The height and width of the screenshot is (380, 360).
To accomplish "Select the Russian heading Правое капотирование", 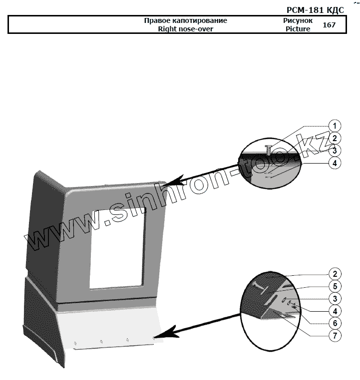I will click(185, 21).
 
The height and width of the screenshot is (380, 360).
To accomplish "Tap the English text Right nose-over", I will click(185, 29).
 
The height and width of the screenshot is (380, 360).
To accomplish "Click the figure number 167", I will click(329, 25).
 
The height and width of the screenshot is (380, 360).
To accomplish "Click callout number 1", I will click(335, 126).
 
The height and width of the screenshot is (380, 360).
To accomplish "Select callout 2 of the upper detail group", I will click(335, 138).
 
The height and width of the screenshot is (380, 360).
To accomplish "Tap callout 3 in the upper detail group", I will click(335, 150).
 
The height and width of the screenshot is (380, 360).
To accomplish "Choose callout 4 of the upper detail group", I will click(335, 163).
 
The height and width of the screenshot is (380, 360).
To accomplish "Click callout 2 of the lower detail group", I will click(335, 273).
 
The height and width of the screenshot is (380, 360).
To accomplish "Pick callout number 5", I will click(335, 286).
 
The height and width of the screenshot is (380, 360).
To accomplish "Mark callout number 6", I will click(335, 323).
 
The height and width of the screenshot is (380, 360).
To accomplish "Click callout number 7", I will click(335, 335).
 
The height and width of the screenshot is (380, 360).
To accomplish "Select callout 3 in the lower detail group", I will click(335, 299).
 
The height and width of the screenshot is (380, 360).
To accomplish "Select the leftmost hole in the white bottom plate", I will click(75, 343).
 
